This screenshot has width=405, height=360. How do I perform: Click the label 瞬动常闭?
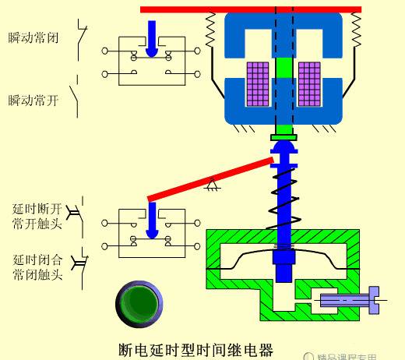point(33,37)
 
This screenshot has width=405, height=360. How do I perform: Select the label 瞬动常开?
point(33,100)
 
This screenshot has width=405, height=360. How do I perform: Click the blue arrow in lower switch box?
point(153,219)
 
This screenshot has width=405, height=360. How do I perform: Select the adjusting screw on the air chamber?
point(347,298)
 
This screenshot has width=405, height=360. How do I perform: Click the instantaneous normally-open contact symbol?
point(76,99)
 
